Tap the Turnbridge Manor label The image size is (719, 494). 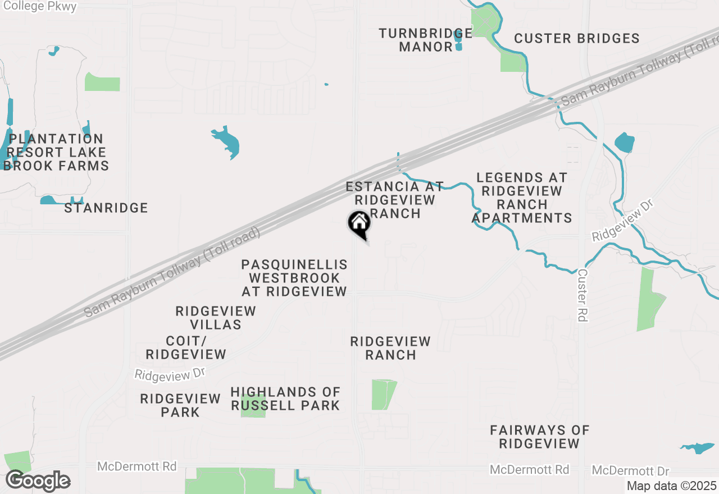pyautogui.click(x=426, y=40)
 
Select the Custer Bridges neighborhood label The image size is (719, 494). pyautogui.click(x=576, y=38)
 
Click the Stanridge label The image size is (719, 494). pyautogui.click(x=106, y=208)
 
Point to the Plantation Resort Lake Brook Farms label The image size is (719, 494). pyautogui.click(x=56, y=152)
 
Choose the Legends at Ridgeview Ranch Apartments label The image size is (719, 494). pyautogui.click(x=522, y=198)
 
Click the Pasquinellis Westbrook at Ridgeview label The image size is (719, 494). pyautogui.click(x=294, y=278)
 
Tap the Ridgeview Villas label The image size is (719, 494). pyautogui.click(x=216, y=318)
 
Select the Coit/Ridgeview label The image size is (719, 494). pyautogui.click(x=186, y=347)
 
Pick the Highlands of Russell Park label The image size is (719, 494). pyautogui.click(x=285, y=399)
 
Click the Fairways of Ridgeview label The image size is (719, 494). pyautogui.click(x=539, y=437)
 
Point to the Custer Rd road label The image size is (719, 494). pyautogui.click(x=583, y=295)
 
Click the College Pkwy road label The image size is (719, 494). pyautogui.click(x=39, y=6)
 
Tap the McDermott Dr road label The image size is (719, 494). pyautogui.click(x=630, y=470)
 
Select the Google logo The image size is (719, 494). pyautogui.click(x=38, y=481)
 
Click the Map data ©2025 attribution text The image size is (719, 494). pyautogui.click(x=671, y=486)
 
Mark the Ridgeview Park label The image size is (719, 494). pyautogui.click(x=180, y=405)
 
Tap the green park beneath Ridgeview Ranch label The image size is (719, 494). pyautogui.click(x=383, y=394)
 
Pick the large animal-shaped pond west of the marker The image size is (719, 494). pyautogui.click(x=227, y=141)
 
